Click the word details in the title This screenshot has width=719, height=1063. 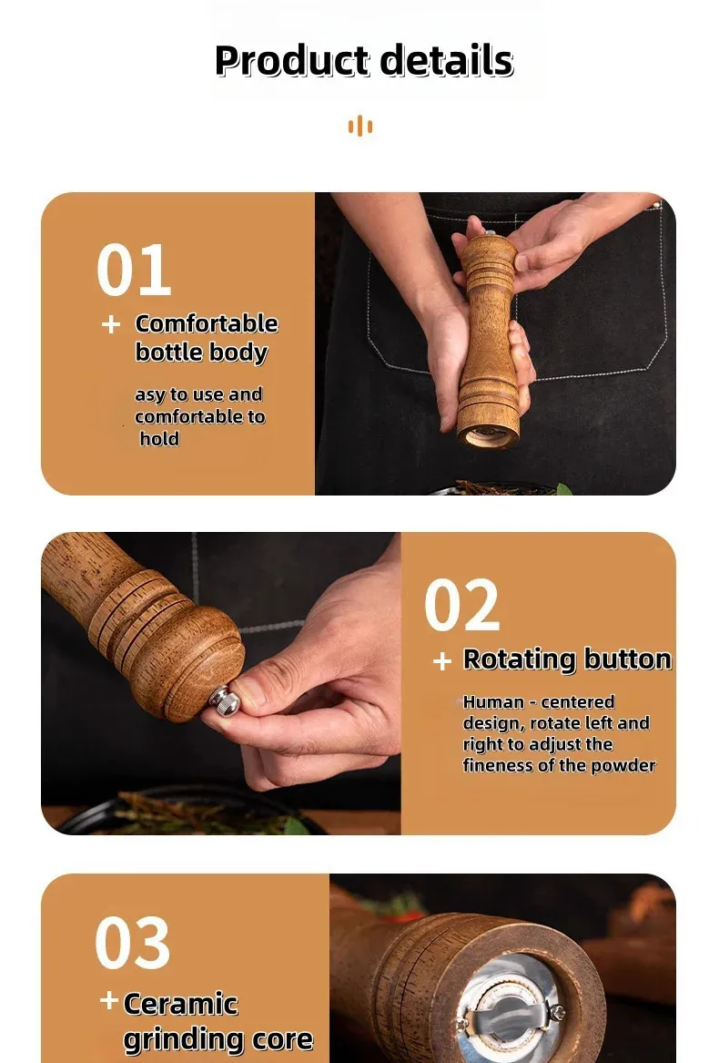pyautogui.click(x=446, y=60)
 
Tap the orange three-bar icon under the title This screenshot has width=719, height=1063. pyautogui.click(x=359, y=126)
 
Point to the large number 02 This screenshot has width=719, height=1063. pyautogui.click(x=462, y=605)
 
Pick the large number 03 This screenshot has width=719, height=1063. pyautogui.click(x=133, y=943)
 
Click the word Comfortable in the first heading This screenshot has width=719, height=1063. pyautogui.click(x=207, y=323)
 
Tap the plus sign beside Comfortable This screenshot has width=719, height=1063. pyautogui.click(x=111, y=324)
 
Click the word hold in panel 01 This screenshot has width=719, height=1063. pyautogui.click(x=159, y=439)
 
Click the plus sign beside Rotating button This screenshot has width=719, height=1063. pyautogui.click(x=441, y=660)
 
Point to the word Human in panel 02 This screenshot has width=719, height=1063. pyautogui.click(x=493, y=701)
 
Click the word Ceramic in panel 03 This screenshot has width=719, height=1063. pyautogui.click(x=181, y=1004)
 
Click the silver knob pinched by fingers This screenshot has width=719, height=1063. pyautogui.click(x=224, y=701)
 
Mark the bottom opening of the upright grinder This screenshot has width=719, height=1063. pyautogui.click(x=487, y=436)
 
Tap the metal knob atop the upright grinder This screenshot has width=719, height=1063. pyautogui.click(x=490, y=233)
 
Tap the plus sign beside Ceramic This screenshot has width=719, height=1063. pyautogui.click(x=109, y=1001)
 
